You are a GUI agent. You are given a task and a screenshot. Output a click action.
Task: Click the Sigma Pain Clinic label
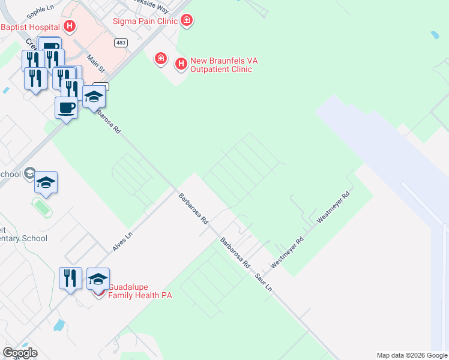click(146, 21)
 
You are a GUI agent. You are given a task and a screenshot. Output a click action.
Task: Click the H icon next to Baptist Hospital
click(70, 26)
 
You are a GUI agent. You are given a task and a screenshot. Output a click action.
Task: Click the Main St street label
click(95, 62)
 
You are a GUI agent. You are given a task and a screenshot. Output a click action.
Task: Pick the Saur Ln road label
click(264, 281)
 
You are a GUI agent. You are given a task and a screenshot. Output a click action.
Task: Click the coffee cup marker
click(66, 108)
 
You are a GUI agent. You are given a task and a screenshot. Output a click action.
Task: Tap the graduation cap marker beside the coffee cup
click(94, 97)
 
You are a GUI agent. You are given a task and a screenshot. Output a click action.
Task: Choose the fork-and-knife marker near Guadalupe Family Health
click(70, 278)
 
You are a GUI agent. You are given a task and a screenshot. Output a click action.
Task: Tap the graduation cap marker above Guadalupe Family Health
click(98, 278)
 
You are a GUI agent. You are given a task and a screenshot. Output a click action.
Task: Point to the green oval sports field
click(41, 207)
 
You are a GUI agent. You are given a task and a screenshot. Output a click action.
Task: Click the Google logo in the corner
click(20, 353)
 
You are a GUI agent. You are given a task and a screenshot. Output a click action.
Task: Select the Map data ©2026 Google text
click(412, 355)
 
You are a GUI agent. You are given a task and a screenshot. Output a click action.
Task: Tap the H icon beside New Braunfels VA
click(180, 63)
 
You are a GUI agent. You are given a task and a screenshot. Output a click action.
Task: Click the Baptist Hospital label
click(30, 27)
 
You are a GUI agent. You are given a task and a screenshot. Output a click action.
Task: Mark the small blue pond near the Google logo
click(58, 326)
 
